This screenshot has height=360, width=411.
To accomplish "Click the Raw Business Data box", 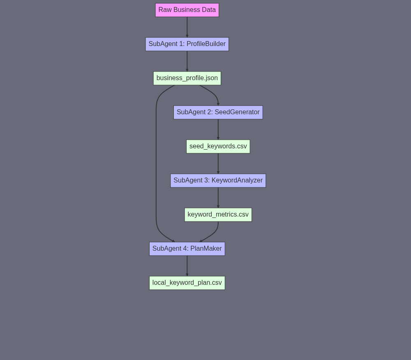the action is (x=187, y=10).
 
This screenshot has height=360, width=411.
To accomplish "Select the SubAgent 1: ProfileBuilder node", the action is (x=187, y=44).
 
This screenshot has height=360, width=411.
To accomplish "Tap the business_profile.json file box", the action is (x=187, y=78).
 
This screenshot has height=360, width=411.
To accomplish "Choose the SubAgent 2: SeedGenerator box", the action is (x=218, y=113).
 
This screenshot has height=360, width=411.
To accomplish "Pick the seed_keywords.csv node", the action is (x=218, y=146).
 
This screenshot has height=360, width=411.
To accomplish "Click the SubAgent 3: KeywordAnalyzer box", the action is (x=218, y=180).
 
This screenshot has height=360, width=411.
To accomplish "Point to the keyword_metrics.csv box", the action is (x=218, y=215).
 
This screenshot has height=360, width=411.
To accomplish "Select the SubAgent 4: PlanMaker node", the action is (x=187, y=249).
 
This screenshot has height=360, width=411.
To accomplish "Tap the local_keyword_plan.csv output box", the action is (x=187, y=283).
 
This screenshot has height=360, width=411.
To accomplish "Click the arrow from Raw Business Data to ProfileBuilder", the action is (x=187, y=27).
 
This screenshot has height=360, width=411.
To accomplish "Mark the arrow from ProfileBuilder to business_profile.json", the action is (x=187, y=61).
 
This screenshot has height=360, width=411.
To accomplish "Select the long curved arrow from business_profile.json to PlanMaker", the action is (x=156, y=164).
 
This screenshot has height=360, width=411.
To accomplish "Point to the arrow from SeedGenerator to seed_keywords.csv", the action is (x=218, y=129).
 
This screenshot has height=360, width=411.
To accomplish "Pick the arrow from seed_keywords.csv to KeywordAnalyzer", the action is (x=218, y=164).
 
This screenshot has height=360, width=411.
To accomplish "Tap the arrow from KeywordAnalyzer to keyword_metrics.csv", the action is (x=218, y=198).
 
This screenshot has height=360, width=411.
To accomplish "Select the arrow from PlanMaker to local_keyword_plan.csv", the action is (x=187, y=265).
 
